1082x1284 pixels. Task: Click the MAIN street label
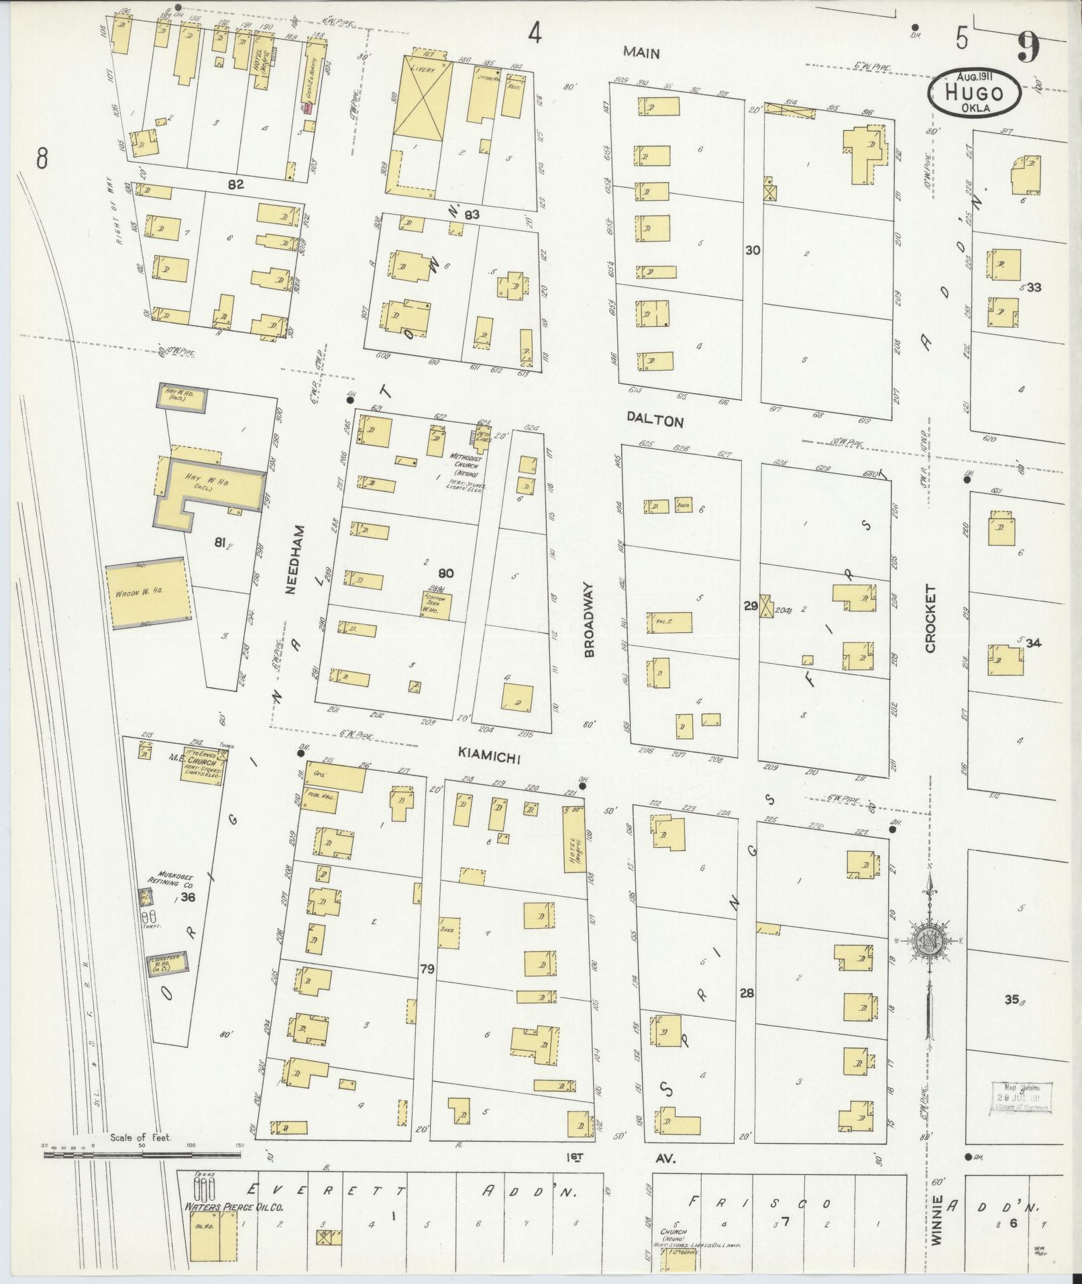(641, 52)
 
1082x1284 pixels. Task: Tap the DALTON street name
(655, 422)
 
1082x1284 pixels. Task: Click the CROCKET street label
(930, 618)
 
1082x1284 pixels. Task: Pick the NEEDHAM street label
(291, 560)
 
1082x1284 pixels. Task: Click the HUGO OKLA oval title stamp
(975, 93)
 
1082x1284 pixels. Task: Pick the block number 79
(427, 968)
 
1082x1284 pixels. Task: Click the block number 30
(752, 250)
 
